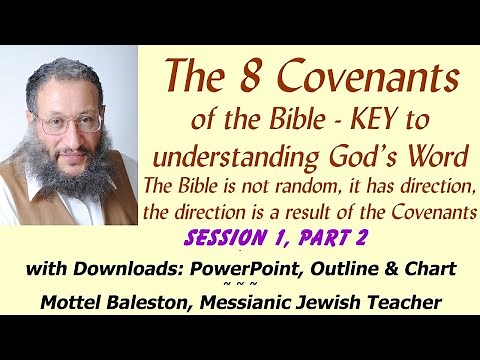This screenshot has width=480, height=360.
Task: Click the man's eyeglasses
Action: (x=68, y=123)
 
